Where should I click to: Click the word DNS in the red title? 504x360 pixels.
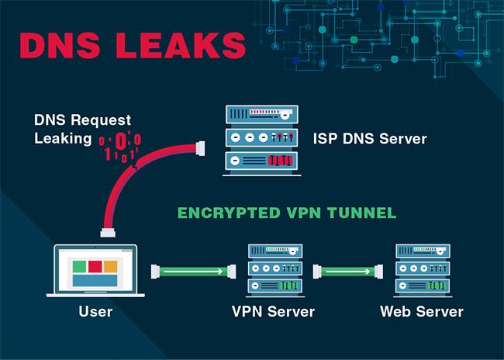(60, 45)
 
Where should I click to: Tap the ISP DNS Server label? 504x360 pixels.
(370, 139)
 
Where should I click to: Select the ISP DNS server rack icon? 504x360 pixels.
(261, 140)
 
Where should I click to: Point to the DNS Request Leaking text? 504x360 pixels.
(83, 130)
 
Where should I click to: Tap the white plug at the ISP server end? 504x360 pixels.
(200, 149)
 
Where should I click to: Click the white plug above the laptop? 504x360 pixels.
(108, 232)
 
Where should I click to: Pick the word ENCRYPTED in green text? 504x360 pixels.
(229, 213)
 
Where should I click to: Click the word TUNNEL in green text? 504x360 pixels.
(361, 213)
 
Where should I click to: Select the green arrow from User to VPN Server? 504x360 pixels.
(194, 272)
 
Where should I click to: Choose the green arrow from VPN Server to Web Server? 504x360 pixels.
(348, 272)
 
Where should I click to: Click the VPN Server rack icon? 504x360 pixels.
(275, 270)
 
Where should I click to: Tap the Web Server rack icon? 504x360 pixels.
(423, 270)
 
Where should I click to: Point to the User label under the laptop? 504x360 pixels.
(95, 311)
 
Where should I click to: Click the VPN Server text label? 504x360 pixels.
(273, 311)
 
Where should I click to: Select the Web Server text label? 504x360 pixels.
(422, 311)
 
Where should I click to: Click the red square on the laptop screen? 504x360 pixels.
(95, 267)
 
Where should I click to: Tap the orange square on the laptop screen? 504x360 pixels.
(111, 267)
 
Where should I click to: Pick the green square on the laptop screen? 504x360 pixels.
(79, 267)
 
